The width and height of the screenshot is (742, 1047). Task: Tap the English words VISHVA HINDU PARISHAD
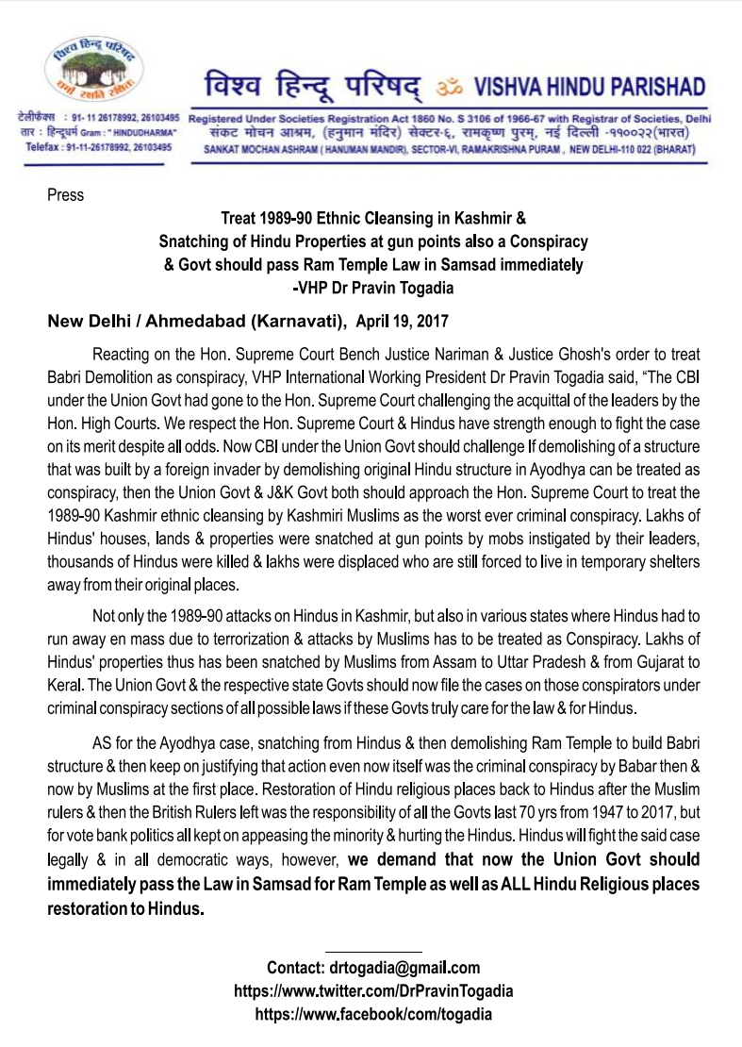click(x=588, y=89)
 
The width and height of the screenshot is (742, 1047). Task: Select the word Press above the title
click(x=65, y=195)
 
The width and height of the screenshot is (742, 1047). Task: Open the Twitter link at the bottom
click(x=372, y=991)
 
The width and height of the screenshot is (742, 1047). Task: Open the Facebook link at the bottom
click(x=372, y=1015)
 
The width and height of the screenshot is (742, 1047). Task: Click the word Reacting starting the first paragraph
click(x=123, y=356)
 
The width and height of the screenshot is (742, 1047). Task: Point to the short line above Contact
click(x=372, y=950)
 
